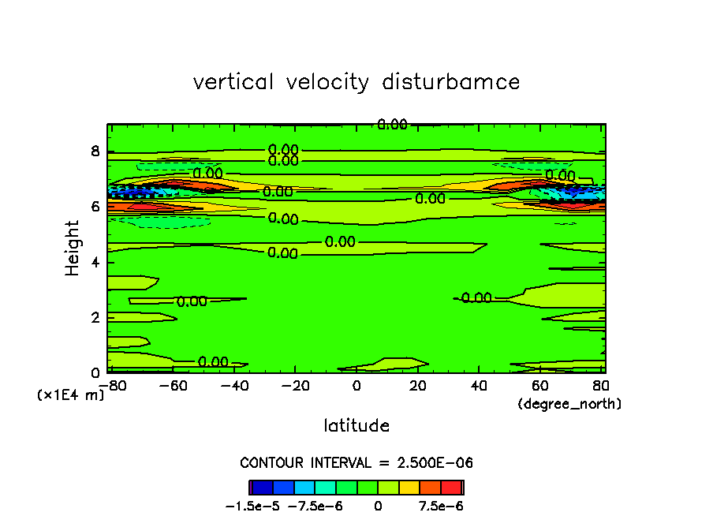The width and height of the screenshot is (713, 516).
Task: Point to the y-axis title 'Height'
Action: (x=73, y=248)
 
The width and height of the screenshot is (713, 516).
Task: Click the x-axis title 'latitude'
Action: (x=356, y=426)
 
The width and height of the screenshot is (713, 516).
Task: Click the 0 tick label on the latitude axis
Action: (x=356, y=385)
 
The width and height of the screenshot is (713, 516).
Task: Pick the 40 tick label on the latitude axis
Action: (x=480, y=385)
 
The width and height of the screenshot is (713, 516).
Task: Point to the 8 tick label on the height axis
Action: (x=95, y=151)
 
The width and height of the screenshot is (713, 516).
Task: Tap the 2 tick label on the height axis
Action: (x=95, y=317)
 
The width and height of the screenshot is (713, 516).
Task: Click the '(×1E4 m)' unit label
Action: (x=71, y=395)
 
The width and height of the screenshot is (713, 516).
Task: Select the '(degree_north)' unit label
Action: (x=569, y=404)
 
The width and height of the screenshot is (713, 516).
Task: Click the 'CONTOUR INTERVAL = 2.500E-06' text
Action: (x=356, y=462)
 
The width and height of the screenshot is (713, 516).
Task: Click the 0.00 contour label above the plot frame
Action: (x=392, y=125)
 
